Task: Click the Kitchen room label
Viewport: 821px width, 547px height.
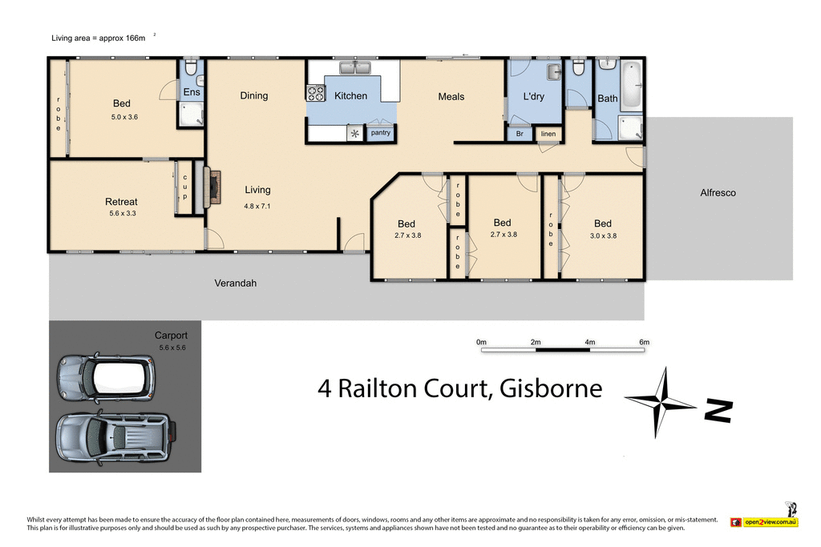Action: point(350,96)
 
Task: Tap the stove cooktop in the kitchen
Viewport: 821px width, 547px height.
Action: point(315,94)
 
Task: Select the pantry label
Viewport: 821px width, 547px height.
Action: point(381,133)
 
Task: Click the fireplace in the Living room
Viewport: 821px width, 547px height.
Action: point(213,187)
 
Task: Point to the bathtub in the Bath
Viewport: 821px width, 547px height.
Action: point(631,86)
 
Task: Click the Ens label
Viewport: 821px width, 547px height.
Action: point(192,93)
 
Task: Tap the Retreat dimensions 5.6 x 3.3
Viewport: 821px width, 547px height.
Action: point(122,214)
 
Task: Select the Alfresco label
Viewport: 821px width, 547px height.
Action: point(718,193)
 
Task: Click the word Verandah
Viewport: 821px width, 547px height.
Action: point(235,284)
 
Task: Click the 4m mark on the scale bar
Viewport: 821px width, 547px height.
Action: point(590,343)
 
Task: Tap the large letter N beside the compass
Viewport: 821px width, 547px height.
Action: point(718,410)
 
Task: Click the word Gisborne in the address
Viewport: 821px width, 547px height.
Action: point(550,388)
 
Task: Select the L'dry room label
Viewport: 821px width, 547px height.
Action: point(533,97)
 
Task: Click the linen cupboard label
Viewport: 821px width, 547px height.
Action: point(548,134)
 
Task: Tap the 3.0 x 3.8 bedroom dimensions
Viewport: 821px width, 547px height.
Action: point(603,236)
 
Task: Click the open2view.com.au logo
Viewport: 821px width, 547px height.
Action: point(765,521)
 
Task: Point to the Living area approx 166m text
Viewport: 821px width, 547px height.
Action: point(99,38)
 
